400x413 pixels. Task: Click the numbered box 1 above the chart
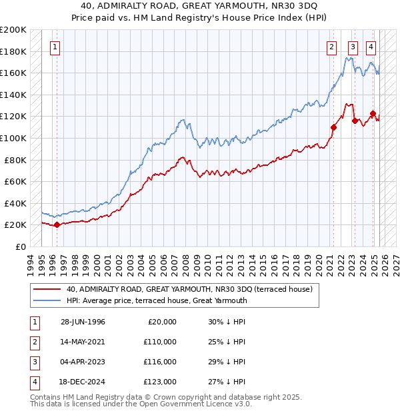click(x=54, y=47)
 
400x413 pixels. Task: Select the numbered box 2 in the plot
click(x=331, y=47)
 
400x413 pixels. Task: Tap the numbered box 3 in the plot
click(x=352, y=47)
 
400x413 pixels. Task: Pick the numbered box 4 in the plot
click(x=371, y=47)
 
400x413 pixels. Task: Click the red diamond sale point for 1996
click(x=57, y=224)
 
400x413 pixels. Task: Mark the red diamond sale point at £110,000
click(x=333, y=127)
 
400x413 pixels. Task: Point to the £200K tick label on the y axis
click(x=13, y=30)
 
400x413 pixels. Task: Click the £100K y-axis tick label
click(x=13, y=138)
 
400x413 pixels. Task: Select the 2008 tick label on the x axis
click(x=185, y=262)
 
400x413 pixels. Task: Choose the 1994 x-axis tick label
click(x=30, y=262)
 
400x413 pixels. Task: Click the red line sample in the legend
click(x=48, y=289)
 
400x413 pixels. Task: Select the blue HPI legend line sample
click(x=48, y=300)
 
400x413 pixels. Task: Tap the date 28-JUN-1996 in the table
click(x=83, y=322)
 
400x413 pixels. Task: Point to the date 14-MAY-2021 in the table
click(x=83, y=342)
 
